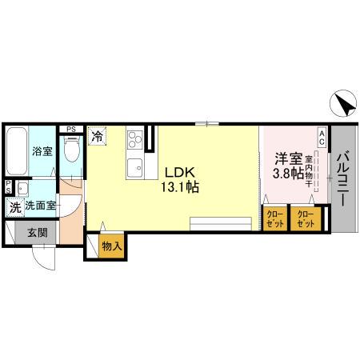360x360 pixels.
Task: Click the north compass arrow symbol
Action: [341, 104]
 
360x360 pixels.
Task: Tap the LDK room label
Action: [180, 172]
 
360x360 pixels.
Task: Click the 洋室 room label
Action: [288, 158]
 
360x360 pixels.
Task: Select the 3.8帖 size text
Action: [288, 174]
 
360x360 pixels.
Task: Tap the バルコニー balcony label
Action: [342, 179]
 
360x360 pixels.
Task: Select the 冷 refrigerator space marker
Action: [97, 137]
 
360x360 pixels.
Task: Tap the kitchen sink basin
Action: [134, 169]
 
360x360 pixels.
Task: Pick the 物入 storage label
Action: [111, 247]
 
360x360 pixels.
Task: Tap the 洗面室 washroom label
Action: [40, 206]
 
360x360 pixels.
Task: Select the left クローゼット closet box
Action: [274, 218]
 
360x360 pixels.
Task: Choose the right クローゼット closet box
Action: [305, 218]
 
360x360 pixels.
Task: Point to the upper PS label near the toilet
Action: [71, 128]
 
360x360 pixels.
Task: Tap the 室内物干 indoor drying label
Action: [308, 170]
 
